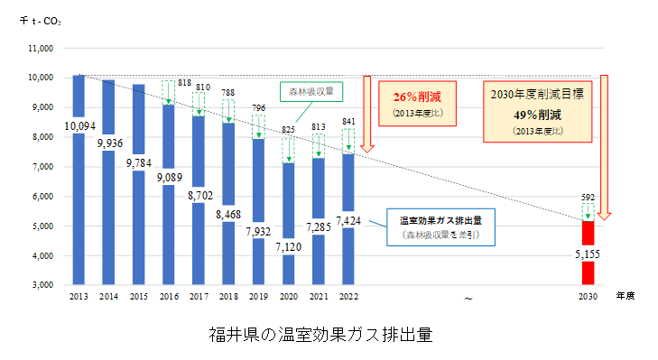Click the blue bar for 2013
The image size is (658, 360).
click(79, 208)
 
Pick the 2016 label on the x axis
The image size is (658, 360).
click(168, 296)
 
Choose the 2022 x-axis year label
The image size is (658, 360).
click(347, 296)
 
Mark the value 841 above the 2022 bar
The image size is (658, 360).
click(347, 120)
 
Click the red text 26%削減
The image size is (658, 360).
click(417, 97)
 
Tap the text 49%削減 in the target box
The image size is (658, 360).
click(538, 114)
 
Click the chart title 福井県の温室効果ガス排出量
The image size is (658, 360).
click(319, 335)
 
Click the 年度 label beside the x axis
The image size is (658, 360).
click(625, 295)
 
